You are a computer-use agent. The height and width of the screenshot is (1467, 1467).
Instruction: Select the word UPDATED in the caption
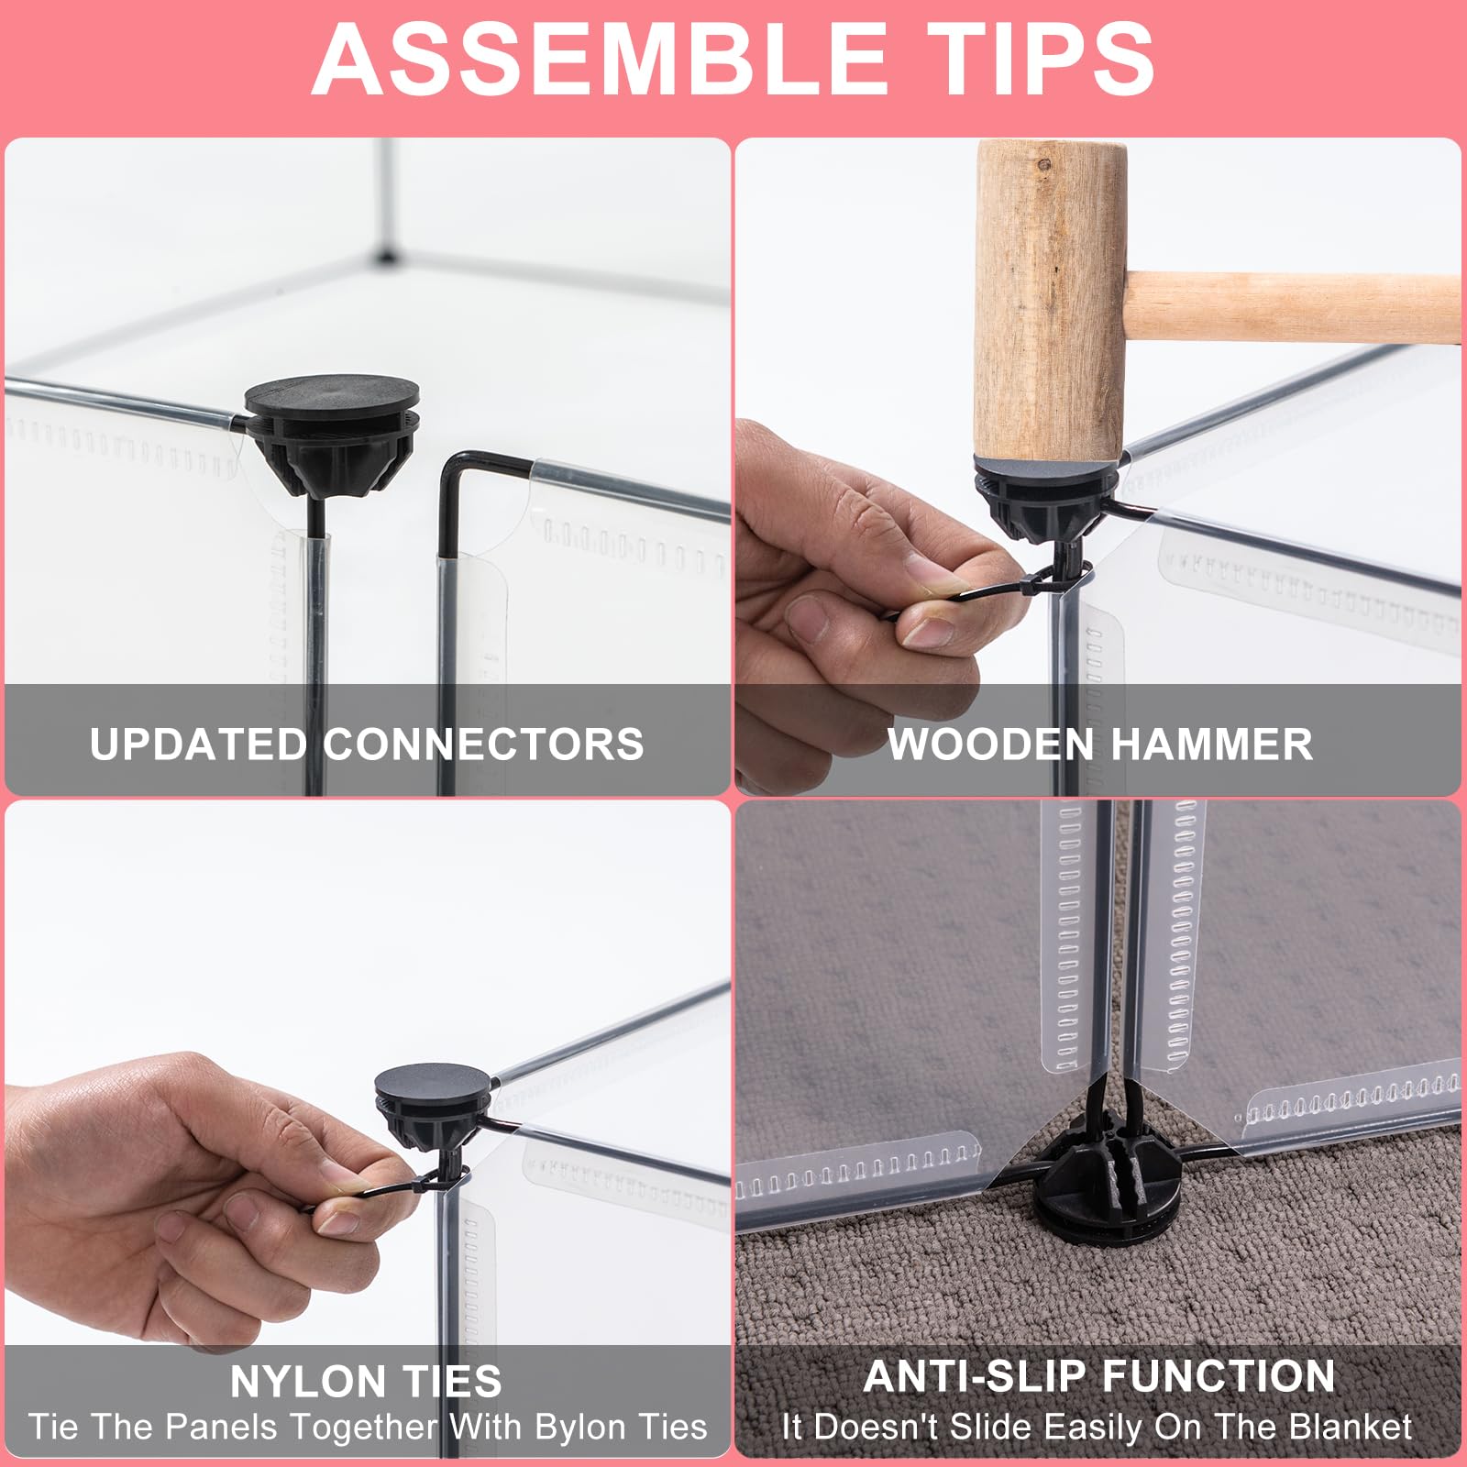[198, 744]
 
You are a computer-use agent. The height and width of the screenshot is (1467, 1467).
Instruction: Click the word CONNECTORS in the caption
[483, 744]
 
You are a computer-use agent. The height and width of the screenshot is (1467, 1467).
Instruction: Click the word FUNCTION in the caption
[1219, 1376]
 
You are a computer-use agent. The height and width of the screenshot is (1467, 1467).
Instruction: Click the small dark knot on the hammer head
[1043, 165]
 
